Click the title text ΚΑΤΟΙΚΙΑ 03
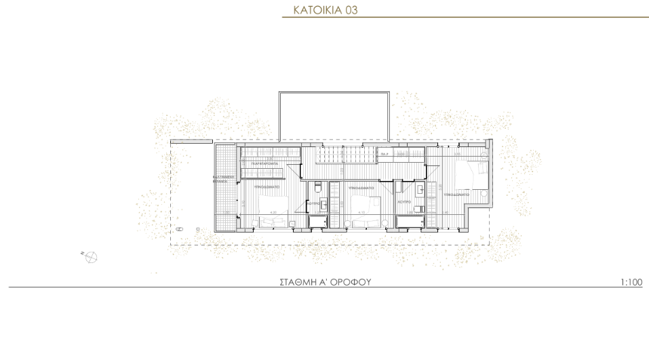[325, 10]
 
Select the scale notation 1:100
[631, 282]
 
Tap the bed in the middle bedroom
[367, 203]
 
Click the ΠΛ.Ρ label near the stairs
[384, 155]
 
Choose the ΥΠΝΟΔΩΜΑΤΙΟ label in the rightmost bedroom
[455, 195]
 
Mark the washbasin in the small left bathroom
[324, 203]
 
